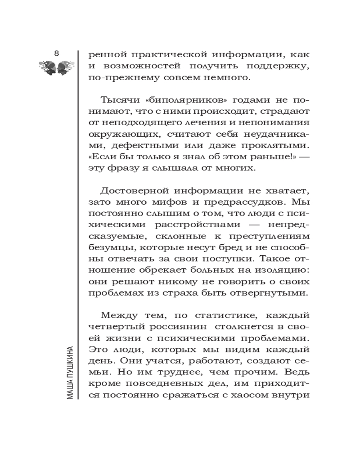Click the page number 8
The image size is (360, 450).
click(56, 54)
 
